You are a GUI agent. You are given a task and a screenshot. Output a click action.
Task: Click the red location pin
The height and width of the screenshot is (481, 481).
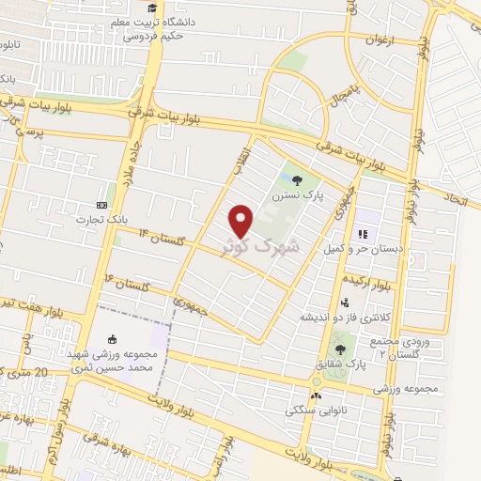point(241,221)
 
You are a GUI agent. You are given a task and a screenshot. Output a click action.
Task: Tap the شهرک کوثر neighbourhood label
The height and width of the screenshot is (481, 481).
point(262,247)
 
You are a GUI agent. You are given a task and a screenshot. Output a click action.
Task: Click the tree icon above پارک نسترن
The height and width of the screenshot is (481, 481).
point(298,179)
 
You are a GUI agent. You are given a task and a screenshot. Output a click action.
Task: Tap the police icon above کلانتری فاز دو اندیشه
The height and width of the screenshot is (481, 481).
point(345,303)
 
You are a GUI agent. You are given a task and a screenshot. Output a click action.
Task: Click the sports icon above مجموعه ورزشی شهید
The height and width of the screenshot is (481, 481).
point(114,340)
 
